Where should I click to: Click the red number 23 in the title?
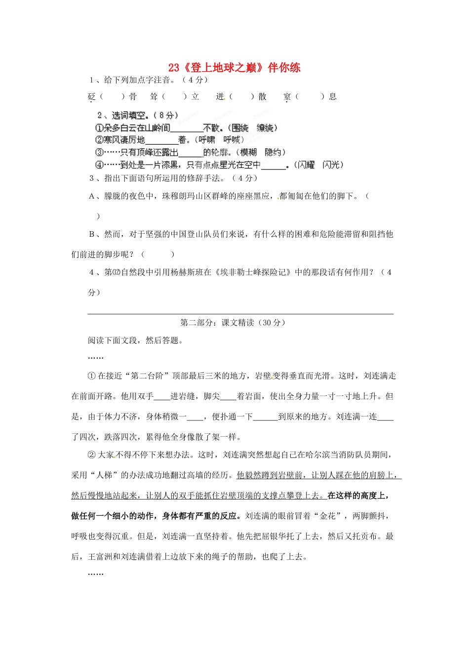pos(173,68)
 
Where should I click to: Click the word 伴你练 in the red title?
pos(284,68)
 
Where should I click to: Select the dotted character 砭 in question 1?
pos(92,97)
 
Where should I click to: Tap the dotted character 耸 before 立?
pos(154,97)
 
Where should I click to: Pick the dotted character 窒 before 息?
pos(287,97)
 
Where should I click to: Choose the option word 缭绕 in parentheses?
pos(266,128)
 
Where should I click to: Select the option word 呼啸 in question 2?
pos(207,140)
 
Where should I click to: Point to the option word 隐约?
pos(275,152)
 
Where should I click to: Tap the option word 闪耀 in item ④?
pos(305,165)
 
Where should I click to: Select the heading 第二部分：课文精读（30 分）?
pos(233,323)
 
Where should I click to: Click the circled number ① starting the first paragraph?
pos(91,376)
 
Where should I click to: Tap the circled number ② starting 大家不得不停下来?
pos(91,455)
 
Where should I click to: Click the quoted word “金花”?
pos(327,516)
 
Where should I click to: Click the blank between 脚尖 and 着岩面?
pos(228,397)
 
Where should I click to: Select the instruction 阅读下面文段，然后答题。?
pos(136,340)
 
